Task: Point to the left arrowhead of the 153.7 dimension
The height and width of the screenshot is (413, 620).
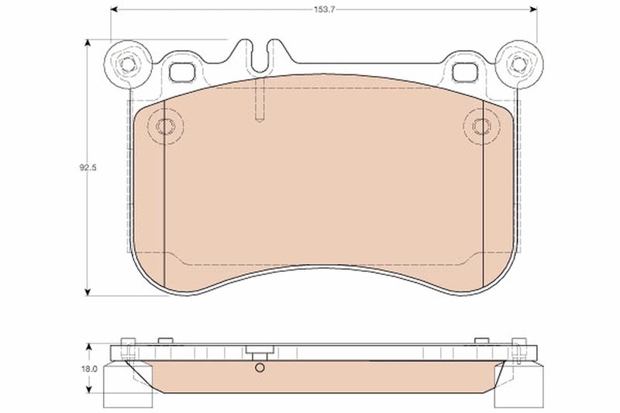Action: (115, 11)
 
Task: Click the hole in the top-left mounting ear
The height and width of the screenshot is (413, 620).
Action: (126, 64)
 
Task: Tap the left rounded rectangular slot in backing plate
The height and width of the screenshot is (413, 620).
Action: (183, 71)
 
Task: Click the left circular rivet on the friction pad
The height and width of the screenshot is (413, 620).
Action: (164, 126)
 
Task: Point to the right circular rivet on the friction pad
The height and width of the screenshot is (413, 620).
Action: (481, 126)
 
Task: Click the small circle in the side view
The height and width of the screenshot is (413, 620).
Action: (260, 368)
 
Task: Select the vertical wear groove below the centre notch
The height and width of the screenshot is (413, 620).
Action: (260, 101)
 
